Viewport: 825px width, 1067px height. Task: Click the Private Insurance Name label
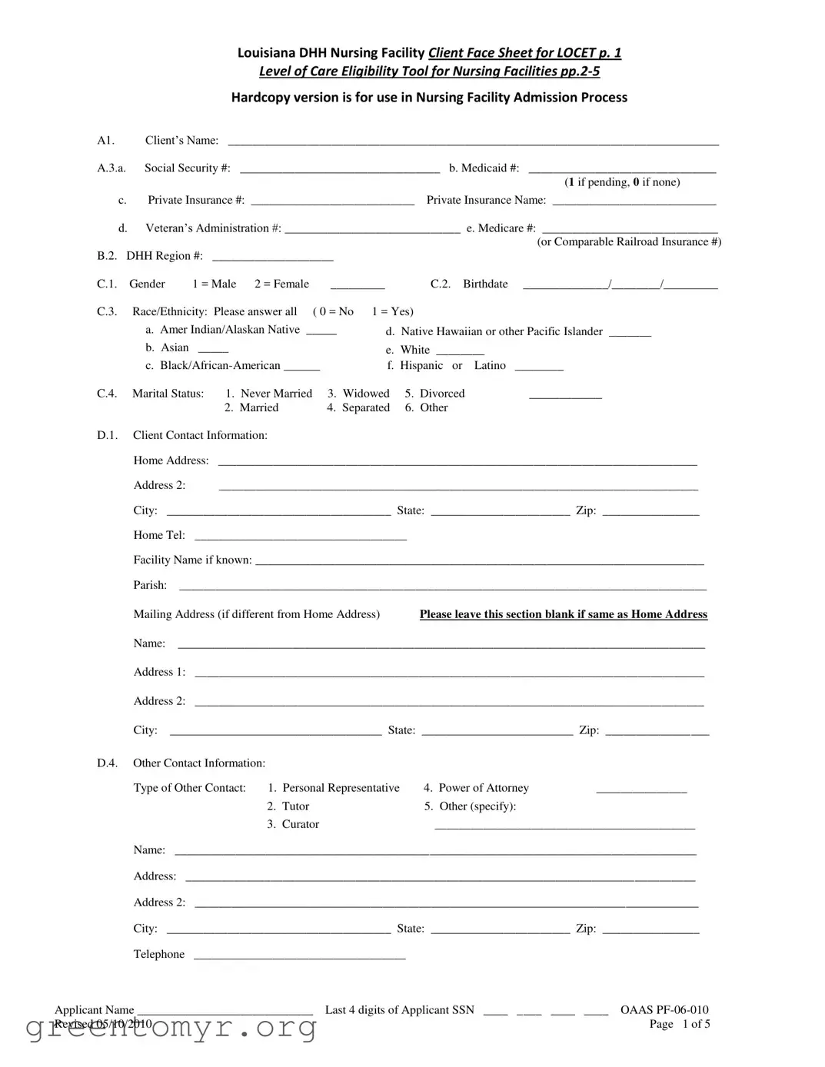[486, 200]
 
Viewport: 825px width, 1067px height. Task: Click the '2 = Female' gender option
[281, 284]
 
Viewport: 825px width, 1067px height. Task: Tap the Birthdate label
[485, 284]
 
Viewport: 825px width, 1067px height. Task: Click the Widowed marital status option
[358, 394]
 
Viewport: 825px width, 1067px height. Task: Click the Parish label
[150, 585]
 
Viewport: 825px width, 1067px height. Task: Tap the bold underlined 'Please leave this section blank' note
[563, 614]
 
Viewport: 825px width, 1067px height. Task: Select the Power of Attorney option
[476, 788]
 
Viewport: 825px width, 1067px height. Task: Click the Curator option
[293, 824]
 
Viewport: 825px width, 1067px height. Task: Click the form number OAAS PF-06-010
[664, 1010]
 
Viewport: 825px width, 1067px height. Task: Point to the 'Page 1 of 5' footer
[680, 1024]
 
